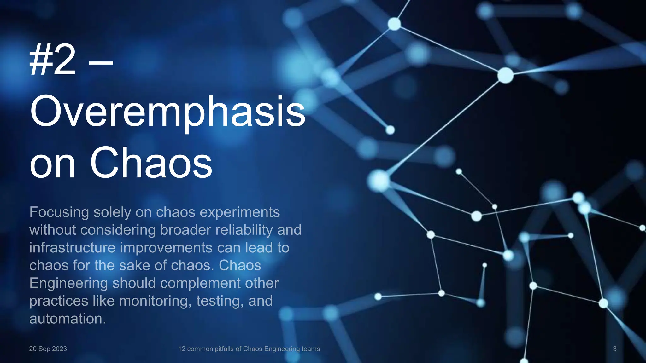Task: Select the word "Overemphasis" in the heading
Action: click(x=167, y=112)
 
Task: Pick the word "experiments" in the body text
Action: click(x=240, y=213)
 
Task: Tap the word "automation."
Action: click(x=68, y=319)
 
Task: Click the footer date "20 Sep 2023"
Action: click(x=48, y=349)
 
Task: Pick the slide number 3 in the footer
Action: click(x=614, y=349)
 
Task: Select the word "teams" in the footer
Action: click(x=311, y=349)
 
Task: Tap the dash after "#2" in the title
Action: click(x=101, y=62)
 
